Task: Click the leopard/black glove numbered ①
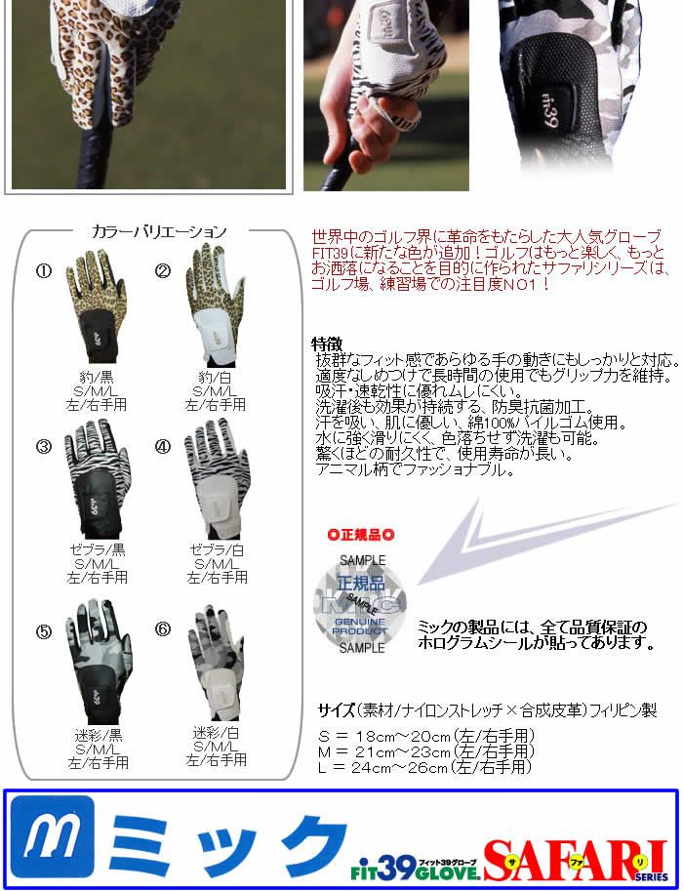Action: [96, 305]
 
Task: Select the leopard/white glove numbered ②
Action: [217, 304]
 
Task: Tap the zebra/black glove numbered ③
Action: [97, 479]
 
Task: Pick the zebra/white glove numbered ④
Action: [217, 479]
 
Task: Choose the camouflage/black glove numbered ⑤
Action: [99, 662]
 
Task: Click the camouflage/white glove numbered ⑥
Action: [217, 663]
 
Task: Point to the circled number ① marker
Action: [44, 271]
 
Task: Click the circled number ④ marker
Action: [163, 447]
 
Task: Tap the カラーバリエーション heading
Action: [159, 232]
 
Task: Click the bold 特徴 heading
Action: [327, 344]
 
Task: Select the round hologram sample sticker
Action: [360, 605]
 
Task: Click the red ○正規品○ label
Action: [361, 535]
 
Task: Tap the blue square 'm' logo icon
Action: [53, 836]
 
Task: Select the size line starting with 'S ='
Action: [426, 737]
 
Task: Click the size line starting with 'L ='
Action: [425, 767]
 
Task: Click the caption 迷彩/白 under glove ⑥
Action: [216, 733]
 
